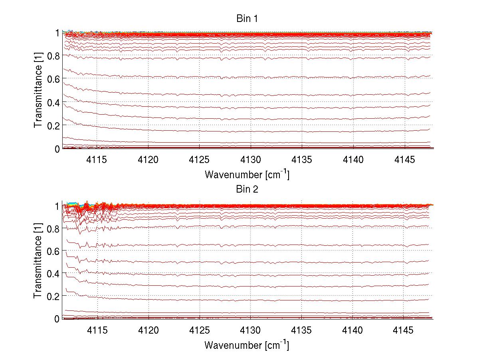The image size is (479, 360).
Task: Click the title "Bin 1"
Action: [247, 19]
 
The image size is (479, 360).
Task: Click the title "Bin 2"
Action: [247, 189]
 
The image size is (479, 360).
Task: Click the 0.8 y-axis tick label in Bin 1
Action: [52, 56]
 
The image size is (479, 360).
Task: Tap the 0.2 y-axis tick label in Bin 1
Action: [52, 125]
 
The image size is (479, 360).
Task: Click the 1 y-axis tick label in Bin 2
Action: [57, 206]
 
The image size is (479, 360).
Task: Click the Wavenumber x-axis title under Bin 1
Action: [247, 174]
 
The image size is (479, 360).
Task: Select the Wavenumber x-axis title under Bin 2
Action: [247, 344]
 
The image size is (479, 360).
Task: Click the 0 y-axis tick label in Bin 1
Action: [57, 149]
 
